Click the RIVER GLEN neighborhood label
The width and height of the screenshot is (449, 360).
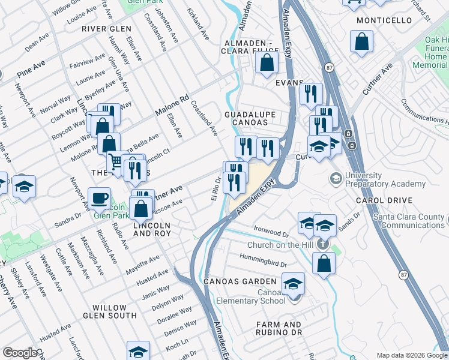[x=106, y=29]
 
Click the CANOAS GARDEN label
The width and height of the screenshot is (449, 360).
[x=240, y=281]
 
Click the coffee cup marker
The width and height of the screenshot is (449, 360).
[x=99, y=197]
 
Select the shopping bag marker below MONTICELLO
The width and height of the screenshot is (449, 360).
[x=362, y=41]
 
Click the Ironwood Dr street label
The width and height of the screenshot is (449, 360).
[x=271, y=229]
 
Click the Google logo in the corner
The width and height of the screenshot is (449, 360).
[x=19, y=353]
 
